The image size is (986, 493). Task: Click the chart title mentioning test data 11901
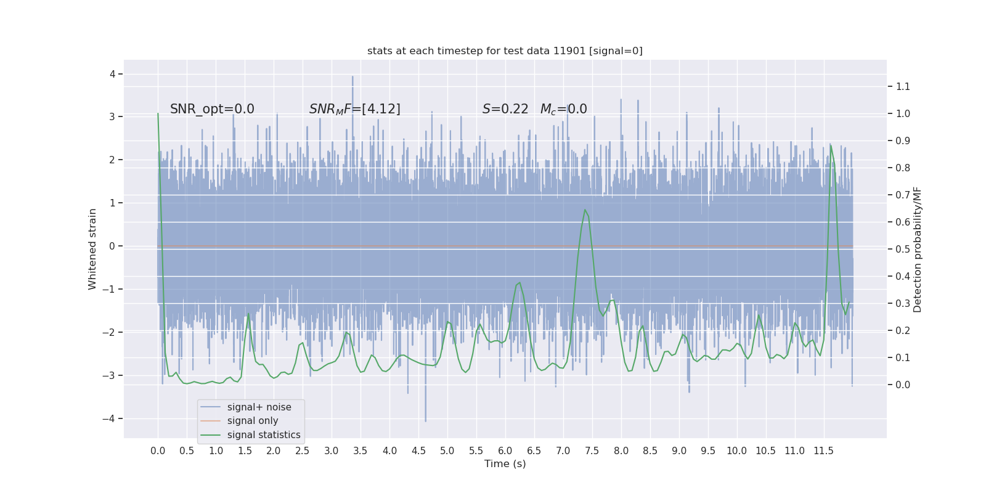pos(505,51)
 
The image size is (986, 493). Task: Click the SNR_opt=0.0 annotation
pos(212,109)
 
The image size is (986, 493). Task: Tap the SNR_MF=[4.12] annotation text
pos(354,109)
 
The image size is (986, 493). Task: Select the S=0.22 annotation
pos(505,109)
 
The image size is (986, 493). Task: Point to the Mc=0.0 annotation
pos(563,109)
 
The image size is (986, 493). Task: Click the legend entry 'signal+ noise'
pos(259,407)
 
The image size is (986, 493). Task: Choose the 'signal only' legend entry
pos(253,421)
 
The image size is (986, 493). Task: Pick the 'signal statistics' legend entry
pos(264,435)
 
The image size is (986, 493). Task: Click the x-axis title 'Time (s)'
pos(505,464)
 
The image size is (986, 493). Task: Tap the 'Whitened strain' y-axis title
pos(92,249)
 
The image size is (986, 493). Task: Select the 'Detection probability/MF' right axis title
pos(918,250)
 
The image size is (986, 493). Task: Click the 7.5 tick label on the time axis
pos(592,451)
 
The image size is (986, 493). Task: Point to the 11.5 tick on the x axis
pos(823,451)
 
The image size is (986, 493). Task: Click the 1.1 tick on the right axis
pos(903,87)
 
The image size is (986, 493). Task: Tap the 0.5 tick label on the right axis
pos(903,250)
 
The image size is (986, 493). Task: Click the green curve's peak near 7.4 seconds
pos(585,210)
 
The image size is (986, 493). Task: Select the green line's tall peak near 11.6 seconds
pos(831,145)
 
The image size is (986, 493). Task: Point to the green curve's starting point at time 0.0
pos(158,113)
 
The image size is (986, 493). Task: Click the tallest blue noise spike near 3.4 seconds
pos(352,77)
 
